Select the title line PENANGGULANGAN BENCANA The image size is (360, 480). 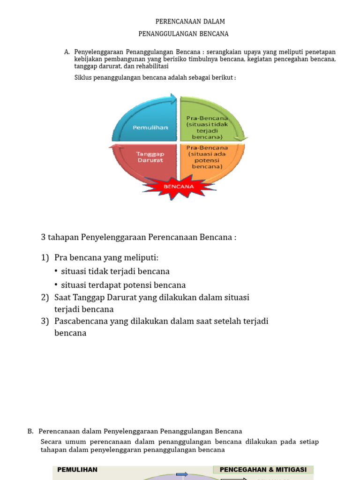[x=184, y=34]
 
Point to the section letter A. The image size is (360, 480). [x=67, y=52]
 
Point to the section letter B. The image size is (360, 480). [x=30, y=431]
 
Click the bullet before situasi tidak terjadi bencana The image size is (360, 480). [x=57, y=271]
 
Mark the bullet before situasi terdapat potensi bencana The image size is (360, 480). [x=57, y=285]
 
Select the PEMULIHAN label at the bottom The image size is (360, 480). [x=77, y=470]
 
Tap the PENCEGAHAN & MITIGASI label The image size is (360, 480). [x=263, y=470]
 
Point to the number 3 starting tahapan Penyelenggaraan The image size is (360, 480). [x=44, y=237]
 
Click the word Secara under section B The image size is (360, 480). [x=52, y=442]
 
